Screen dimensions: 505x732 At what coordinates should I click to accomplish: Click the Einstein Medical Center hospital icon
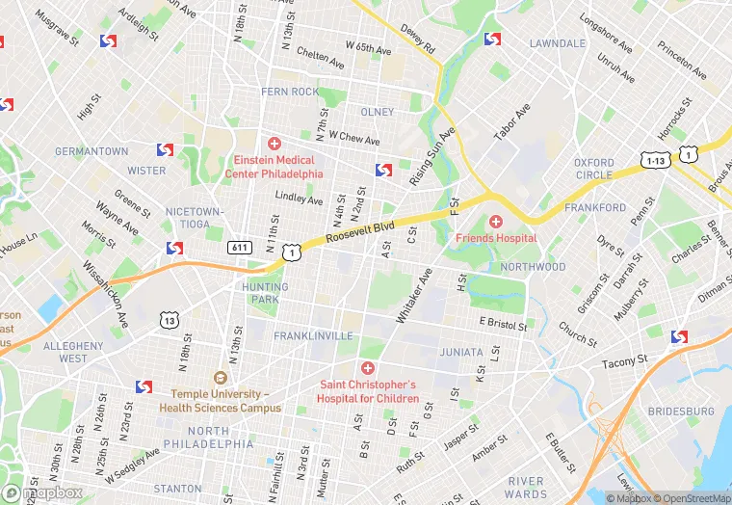pos(274,144)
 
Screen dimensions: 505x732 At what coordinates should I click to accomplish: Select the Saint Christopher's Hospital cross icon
pos(367,368)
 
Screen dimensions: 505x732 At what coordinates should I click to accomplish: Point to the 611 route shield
pos(240,248)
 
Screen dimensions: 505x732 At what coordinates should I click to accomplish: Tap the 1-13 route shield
pos(654,159)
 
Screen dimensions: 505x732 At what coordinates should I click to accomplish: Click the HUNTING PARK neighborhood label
pos(265,293)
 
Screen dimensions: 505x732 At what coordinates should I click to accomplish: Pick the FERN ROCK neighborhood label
pos(289,93)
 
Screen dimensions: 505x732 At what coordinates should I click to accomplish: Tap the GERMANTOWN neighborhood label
pos(91,151)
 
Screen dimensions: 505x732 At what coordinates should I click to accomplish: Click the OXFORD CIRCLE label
pos(593,169)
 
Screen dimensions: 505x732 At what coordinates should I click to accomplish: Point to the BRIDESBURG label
pos(681,411)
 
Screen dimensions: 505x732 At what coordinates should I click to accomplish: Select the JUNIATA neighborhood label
pos(461,353)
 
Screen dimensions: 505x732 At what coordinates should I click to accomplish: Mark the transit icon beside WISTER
pos(165,150)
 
